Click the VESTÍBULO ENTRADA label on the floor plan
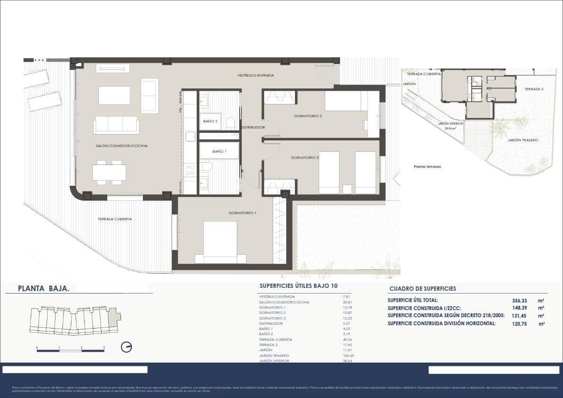pos(255,75)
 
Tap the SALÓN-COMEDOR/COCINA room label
pos(121,146)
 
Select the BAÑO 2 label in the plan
pos(210,121)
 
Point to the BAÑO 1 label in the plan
pos(219,151)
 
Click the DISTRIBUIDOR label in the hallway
pos(252,128)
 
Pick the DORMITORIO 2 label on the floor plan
pos(308,116)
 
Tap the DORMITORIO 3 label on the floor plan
pos(304,157)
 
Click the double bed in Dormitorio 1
pos(220,241)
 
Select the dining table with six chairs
pos(109,172)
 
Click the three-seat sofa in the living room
pos(116,125)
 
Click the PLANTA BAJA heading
pos(43,288)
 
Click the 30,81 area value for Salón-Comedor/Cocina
pos(347,302)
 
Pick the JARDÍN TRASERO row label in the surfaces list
pos(274,355)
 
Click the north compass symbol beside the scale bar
pos(126,347)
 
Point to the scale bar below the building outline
pos(70,350)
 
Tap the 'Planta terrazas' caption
pos(427,166)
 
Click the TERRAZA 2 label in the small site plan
pos(534,89)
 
